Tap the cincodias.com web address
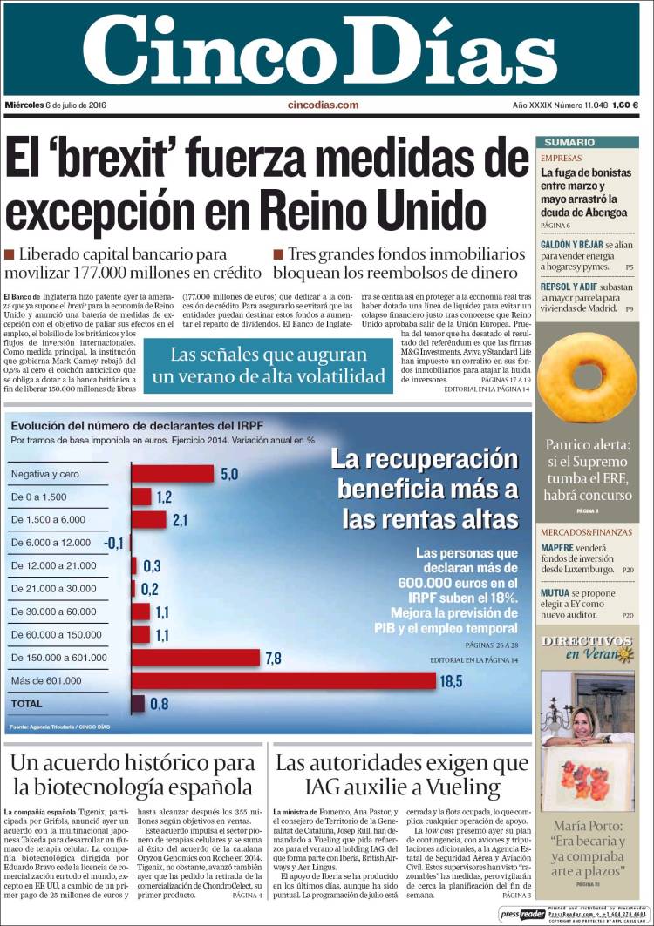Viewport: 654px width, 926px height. (323, 105)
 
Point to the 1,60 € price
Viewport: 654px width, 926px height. (625, 105)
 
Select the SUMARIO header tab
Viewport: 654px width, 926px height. (569, 142)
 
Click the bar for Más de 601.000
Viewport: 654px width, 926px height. (283, 680)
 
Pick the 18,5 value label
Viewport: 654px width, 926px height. (452, 681)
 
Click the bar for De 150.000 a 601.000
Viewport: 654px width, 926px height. (195, 657)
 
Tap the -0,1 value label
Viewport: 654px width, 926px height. (113, 543)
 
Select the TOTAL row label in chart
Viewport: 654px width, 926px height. (25, 703)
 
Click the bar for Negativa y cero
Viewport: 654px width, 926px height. (173, 474)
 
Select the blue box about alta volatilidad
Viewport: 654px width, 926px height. (268, 366)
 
